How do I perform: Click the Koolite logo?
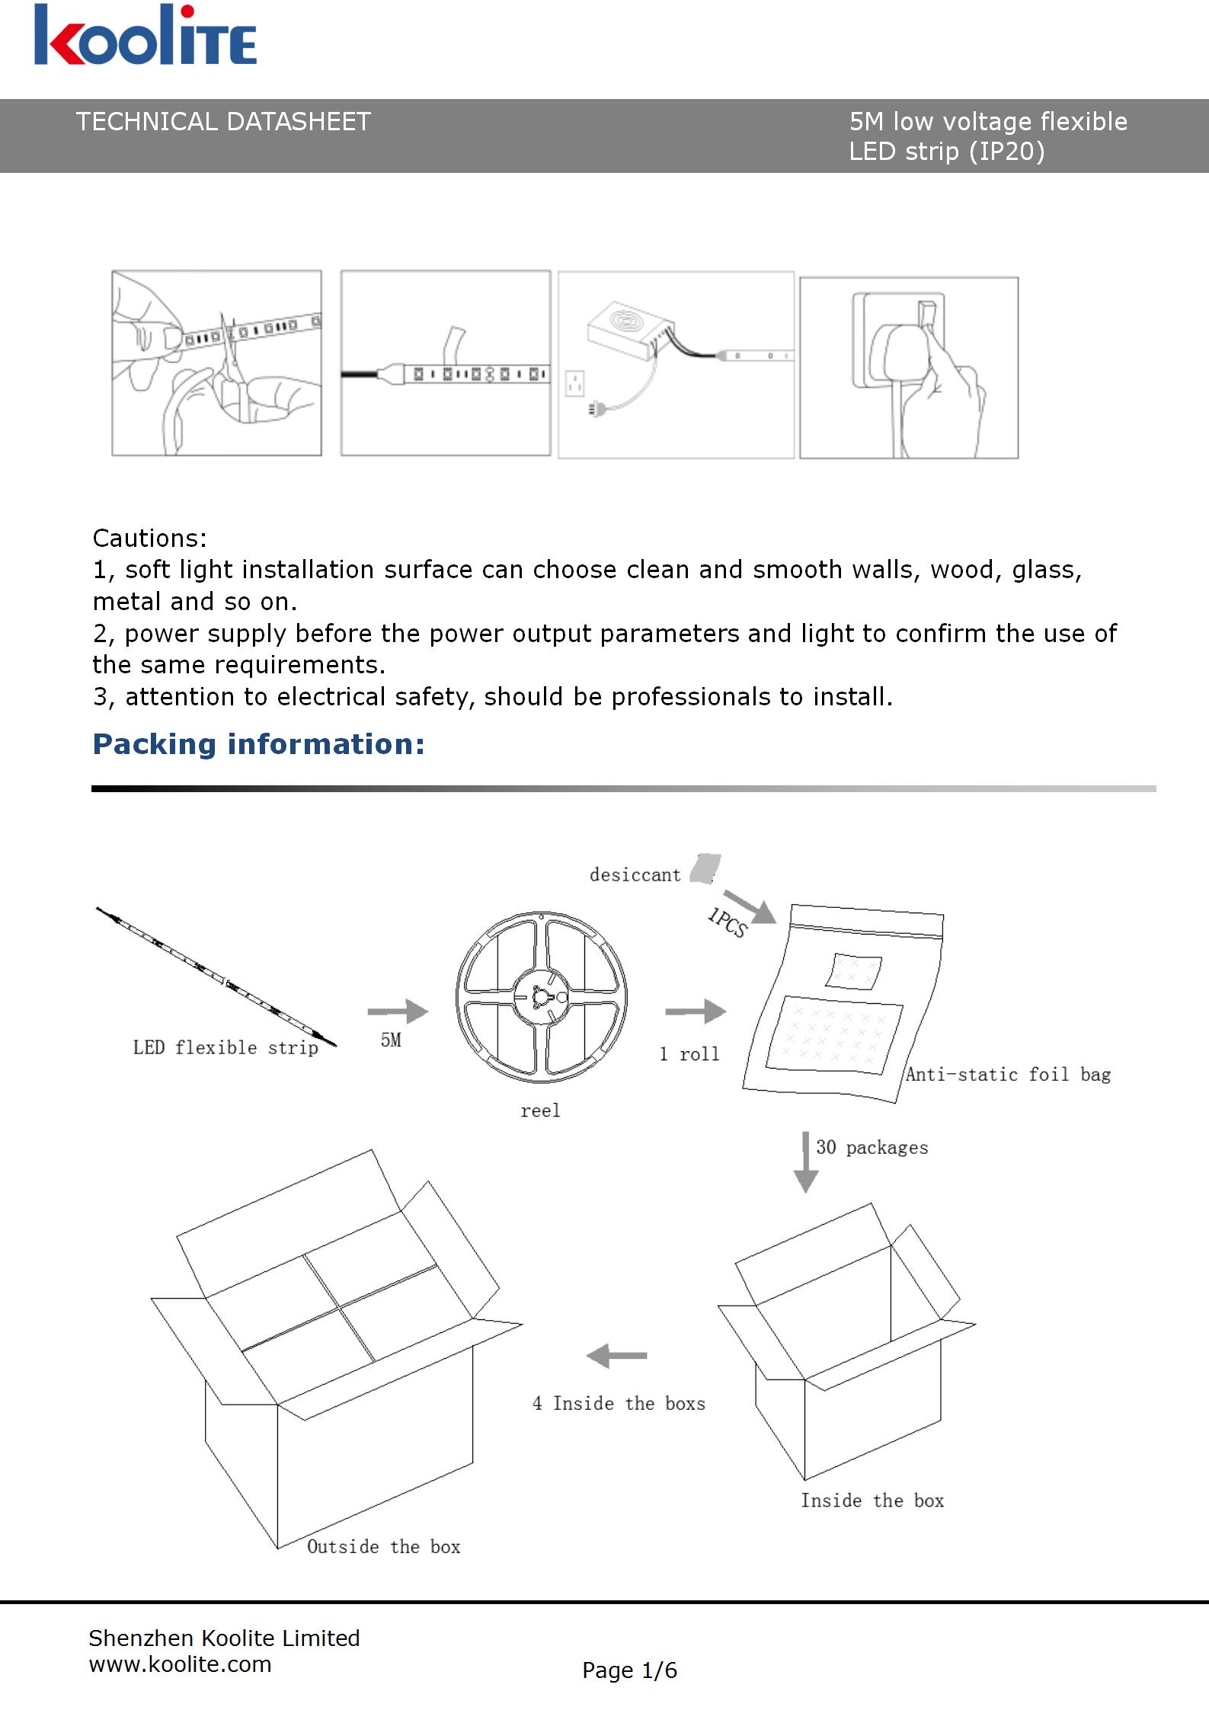point(145,35)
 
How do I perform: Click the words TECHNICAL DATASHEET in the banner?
point(222,122)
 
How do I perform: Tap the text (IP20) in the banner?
point(1006,152)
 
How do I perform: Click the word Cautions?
point(149,539)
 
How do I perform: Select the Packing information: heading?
point(258,744)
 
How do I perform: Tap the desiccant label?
point(635,875)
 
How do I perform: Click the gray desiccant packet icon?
point(705,868)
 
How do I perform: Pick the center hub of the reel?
point(541,996)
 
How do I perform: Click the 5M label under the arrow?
point(391,1040)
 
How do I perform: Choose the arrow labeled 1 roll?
point(696,1012)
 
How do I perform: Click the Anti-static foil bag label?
point(1007,1075)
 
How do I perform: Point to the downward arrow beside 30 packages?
point(805,1162)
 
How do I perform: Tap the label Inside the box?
point(872,1501)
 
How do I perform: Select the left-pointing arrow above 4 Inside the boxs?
point(616,1356)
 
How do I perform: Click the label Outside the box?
point(383,1547)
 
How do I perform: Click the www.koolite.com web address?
point(180,1664)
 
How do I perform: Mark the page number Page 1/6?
point(629,1670)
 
